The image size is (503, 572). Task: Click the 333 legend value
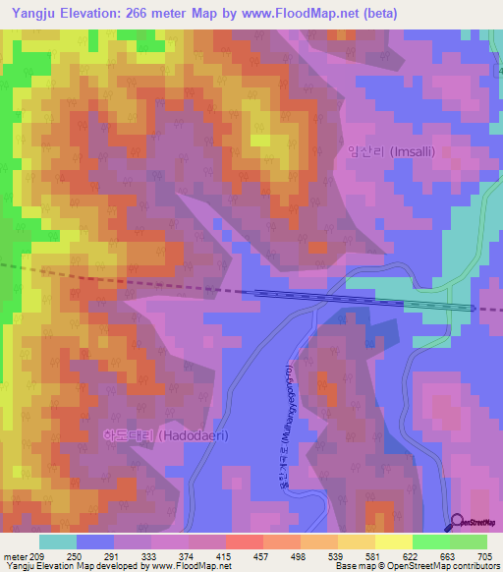coord(150,555)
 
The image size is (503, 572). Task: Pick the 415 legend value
coord(225,555)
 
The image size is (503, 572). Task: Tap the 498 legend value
coord(300,555)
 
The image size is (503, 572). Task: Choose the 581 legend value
coord(373,555)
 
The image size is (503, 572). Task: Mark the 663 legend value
coord(448,555)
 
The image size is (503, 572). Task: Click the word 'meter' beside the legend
coord(15,555)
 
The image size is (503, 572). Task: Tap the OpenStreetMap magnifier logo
coord(457,522)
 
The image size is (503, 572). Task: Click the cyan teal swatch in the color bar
coord(57,542)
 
